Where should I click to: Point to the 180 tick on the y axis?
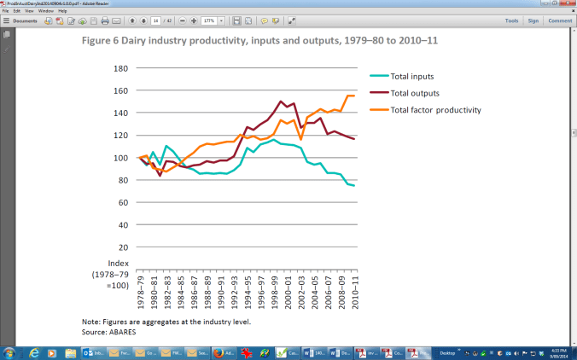click(120, 68)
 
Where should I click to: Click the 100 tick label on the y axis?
click(120, 158)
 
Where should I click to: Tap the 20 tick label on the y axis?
click(123, 247)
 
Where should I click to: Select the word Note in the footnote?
click(79, 321)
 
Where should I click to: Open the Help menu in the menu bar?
click(62, 11)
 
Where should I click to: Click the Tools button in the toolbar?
click(511, 20)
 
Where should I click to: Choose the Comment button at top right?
click(560, 20)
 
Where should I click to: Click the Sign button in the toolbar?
click(533, 20)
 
